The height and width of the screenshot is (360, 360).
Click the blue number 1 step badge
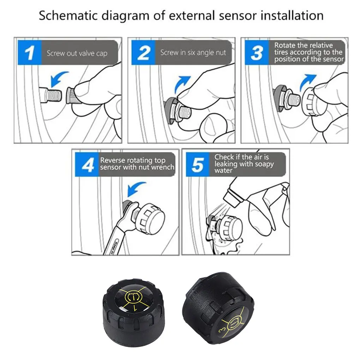click(30, 53)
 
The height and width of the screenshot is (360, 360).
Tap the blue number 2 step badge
click(143, 53)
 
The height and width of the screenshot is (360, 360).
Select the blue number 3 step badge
click(256, 53)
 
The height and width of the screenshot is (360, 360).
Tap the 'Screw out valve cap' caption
click(77, 54)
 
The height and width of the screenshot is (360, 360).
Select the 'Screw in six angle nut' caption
click(193, 53)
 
